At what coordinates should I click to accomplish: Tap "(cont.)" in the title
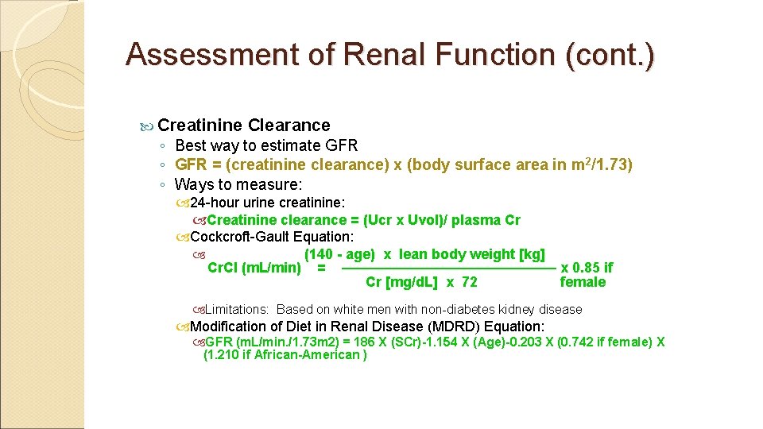(x=610, y=54)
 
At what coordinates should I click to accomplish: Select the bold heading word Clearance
(x=289, y=125)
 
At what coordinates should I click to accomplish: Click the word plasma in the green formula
(x=478, y=220)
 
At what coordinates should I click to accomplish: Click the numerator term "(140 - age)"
(x=339, y=254)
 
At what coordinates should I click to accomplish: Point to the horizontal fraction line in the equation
(x=448, y=269)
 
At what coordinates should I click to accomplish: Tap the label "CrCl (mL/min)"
(x=254, y=269)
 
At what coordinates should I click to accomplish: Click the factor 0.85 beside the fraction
(x=587, y=269)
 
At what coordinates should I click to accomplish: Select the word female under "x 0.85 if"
(x=583, y=282)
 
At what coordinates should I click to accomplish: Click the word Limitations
(x=236, y=309)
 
